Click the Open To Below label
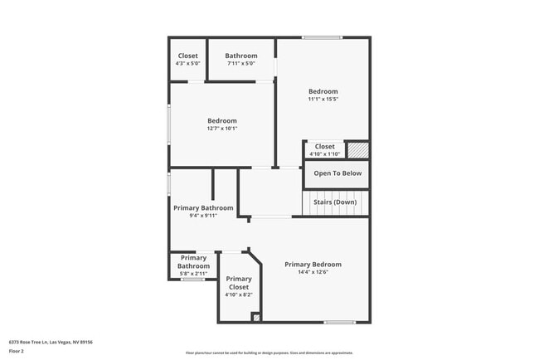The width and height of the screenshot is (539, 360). pyautogui.click(x=337, y=173)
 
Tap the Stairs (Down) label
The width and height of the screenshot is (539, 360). pyautogui.click(x=335, y=202)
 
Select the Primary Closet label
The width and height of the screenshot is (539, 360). pyautogui.click(x=239, y=283)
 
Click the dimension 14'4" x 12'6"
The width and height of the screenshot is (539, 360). pyautogui.click(x=313, y=272)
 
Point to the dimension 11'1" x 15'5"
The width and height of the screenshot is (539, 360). pyautogui.click(x=323, y=99)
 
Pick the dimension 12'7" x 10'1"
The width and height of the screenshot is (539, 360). pyautogui.click(x=222, y=128)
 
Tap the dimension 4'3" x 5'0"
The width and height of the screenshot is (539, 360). pyautogui.click(x=187, y=63)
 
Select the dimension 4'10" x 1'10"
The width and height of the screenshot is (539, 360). pyautogui.click(x=324, y=153)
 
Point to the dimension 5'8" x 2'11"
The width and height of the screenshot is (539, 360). pyautogui.click(x=189, y=273)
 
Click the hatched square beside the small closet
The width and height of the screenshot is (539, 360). pyautogui.click(x=357, y=150)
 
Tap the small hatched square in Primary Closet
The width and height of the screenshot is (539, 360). pyautogui.click(x=256, y=317)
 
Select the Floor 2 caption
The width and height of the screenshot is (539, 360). pyautogui.click(x=17, y=351)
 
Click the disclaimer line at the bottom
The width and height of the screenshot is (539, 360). pyautogui.click(x=269, y=352)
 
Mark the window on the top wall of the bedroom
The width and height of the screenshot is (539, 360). pyautogui.click(x=322, y=37)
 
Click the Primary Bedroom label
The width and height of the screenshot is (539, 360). pyautogui.click(x=313, y=265)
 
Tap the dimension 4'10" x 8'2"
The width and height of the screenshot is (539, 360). pyautogui.click(x=239, y=294)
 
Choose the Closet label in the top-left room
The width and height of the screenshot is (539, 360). pyautogui.click(x=187, y=56)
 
